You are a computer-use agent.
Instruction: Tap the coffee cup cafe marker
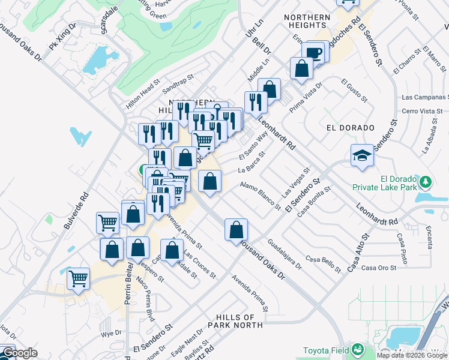tap(313, 53)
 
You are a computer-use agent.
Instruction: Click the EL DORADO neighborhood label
tap(351, 128)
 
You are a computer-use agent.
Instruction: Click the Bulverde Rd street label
tap(76, 211)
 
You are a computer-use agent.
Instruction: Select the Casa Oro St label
tap(378, 268)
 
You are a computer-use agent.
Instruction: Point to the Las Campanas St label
tap(424, 97)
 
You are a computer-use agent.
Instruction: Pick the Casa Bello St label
tap(323, 259)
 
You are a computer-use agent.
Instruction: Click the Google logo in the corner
tap(19, 353)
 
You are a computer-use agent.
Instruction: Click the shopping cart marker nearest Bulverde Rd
tap(79, 279)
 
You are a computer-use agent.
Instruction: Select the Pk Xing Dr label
tap(63, 38)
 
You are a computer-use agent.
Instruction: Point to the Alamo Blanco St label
tap(260, 196)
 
